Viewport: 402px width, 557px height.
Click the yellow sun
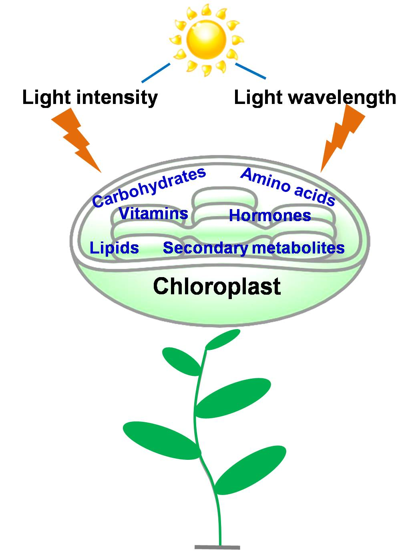[x=206, y=40]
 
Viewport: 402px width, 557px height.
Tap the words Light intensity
[x=90, y=98]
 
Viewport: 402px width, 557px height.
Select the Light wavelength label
[x=315, y=98]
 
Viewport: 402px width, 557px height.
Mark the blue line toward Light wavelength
[x=250, y=70]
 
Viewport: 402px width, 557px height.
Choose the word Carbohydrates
[x=149, y=187]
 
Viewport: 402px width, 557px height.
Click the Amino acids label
[x=288, y=187]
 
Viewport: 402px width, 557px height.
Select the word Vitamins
[x=153, y=214]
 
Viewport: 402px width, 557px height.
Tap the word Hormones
[x=270, y=216]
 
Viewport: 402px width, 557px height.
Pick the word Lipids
[x=115, y=248]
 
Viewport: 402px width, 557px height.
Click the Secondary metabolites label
[x=254, y=248]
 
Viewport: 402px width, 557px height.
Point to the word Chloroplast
[x=217, y=286]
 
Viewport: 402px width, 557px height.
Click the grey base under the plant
[x=217, y=547]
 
